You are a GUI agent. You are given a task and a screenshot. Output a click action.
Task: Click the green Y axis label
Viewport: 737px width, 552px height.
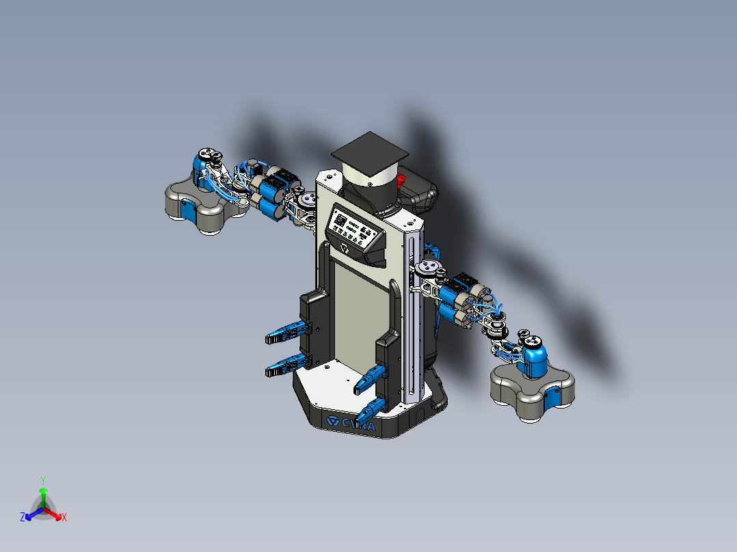[x=42, y=480]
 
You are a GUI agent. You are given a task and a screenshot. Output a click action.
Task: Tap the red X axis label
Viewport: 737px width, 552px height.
[x=64, y=518]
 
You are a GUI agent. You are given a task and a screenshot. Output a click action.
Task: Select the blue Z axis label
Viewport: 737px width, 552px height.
[x=22, y=517]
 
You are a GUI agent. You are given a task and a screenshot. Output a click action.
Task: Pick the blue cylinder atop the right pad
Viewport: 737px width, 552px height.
[x=535, y=357]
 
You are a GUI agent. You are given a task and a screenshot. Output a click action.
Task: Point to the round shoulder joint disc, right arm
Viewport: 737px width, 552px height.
[x=429, y=266]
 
